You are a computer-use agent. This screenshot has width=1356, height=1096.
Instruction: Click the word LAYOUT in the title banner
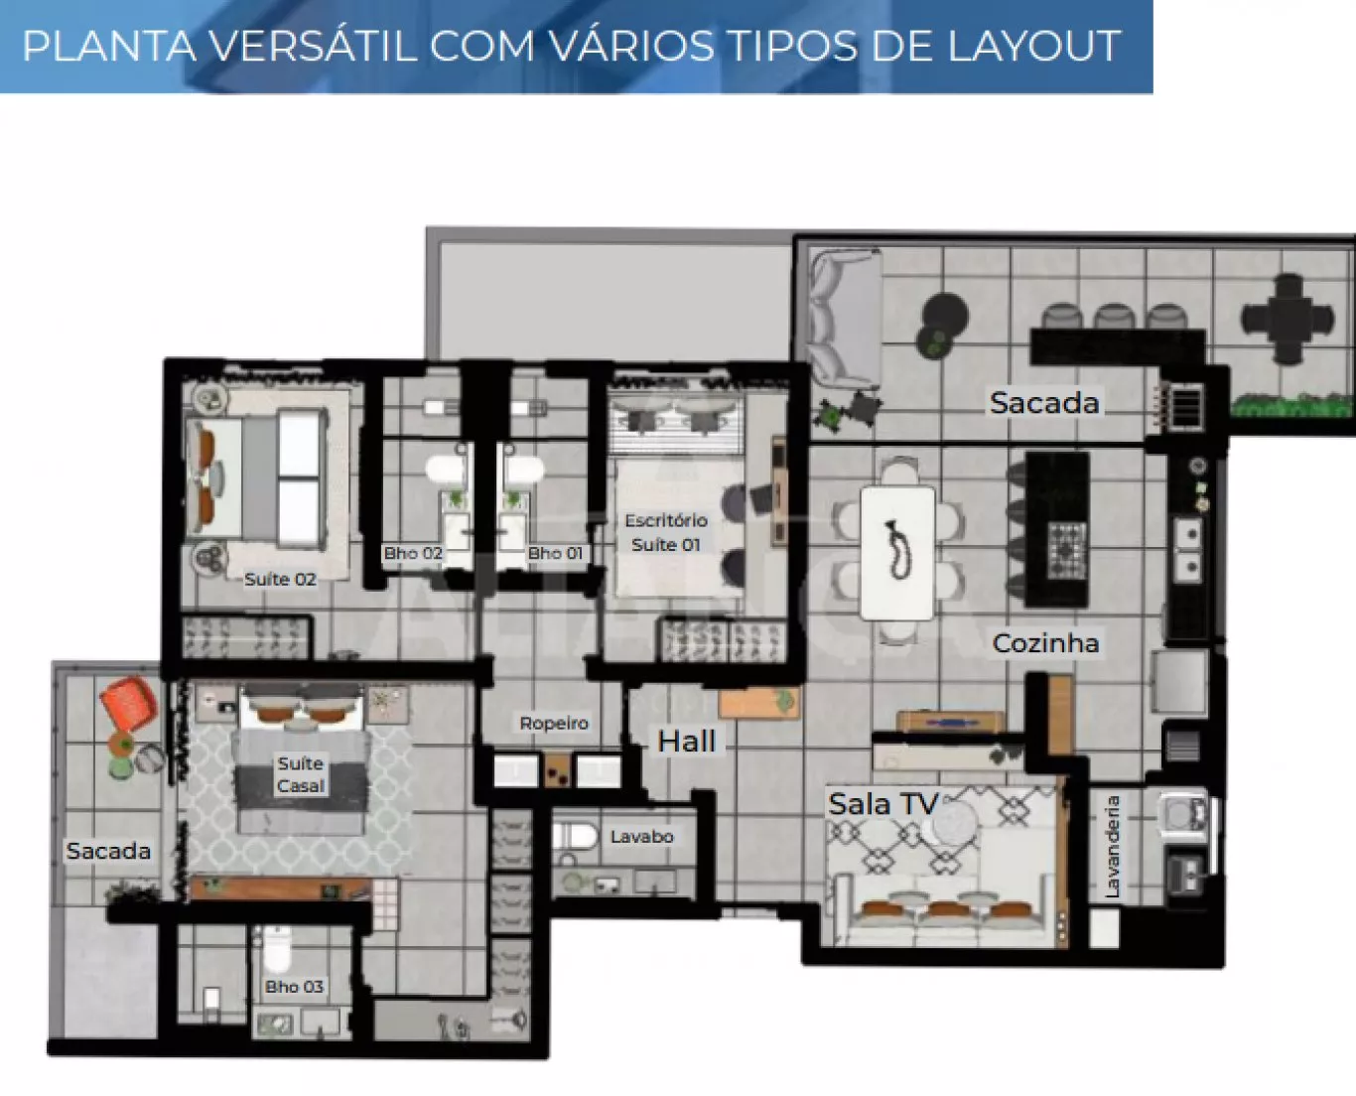click(x=1033, y=46)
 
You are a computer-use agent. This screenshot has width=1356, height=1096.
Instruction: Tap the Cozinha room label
click(x=1045, y=643)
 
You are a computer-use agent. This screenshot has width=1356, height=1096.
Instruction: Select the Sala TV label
click(x=883, y=804)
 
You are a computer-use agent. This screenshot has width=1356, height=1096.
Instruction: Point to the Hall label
click(x=687, y=742)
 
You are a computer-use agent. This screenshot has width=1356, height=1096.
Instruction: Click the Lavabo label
click(x=641, y=836)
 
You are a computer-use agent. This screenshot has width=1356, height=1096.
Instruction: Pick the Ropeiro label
click(x=554, y=723)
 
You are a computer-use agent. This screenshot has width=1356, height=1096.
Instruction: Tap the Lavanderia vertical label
click(x=1112, y=847)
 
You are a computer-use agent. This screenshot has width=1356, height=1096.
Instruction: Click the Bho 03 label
click(x=294, y=987)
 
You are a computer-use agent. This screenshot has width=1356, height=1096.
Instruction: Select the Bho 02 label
click(x=413, y=553)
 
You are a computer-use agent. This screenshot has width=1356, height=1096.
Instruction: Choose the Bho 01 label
click(x=555, y=553)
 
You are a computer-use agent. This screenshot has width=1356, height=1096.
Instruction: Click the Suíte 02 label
click(x=280, y=579)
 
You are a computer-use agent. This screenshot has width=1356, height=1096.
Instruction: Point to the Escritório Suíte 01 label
click(x=666, y=533)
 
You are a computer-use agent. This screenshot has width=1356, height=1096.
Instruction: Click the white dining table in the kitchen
click(x=897, y=553)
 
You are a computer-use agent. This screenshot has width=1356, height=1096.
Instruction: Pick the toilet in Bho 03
click(x=277, y=948)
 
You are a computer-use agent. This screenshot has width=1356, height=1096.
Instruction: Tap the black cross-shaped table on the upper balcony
click(x=1288, y=318)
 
